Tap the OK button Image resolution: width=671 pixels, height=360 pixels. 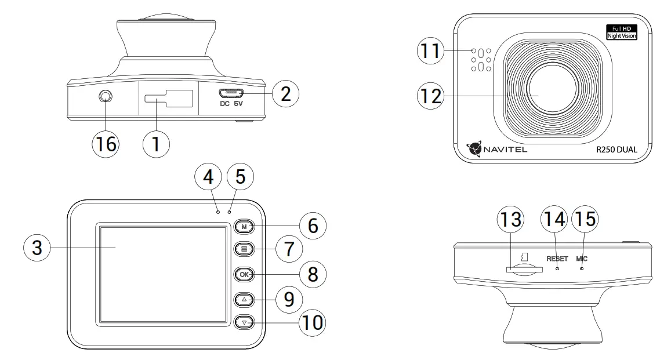[244, 274]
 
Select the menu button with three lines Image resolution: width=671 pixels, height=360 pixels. [244, 250]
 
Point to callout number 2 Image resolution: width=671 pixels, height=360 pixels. [285, 94]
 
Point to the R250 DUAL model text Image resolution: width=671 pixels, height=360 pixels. [608, 149]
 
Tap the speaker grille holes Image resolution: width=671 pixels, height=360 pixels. [481, 59]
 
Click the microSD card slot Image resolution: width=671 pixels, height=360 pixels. [524, 269]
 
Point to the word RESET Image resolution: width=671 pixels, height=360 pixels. [557, 258]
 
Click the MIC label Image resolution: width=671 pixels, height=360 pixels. [582, 258]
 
